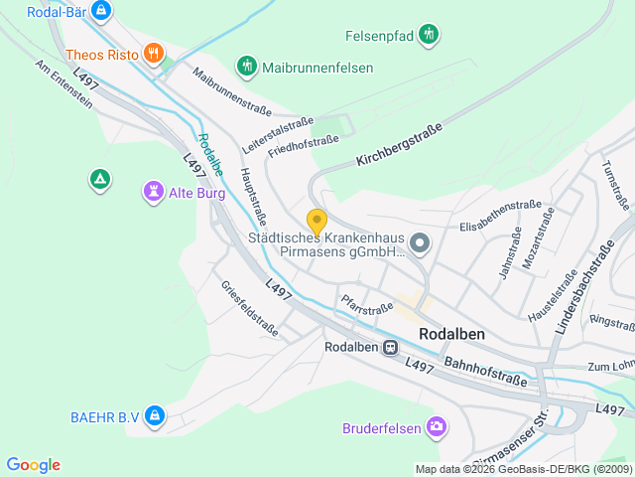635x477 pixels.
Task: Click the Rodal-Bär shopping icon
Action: tap(99, 11)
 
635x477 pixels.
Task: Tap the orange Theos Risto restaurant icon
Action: tap(153, 54)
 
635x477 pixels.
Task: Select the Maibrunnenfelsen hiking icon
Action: tap(246, 67)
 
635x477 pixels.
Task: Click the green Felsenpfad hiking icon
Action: tap(429, 35)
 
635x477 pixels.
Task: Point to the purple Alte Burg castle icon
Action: tap(153, 190)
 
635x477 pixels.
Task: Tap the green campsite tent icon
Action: tap(99, 180)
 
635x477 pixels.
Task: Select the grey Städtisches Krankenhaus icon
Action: tap(420, 242)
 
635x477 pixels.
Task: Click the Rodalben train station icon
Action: tap(391, 347)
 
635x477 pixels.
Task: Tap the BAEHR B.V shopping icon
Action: tap(154, 416)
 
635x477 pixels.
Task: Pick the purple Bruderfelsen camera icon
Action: tap(436, 427)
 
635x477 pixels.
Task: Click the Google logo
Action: tap(33, 465)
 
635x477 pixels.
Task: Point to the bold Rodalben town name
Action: tap(451, 334)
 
